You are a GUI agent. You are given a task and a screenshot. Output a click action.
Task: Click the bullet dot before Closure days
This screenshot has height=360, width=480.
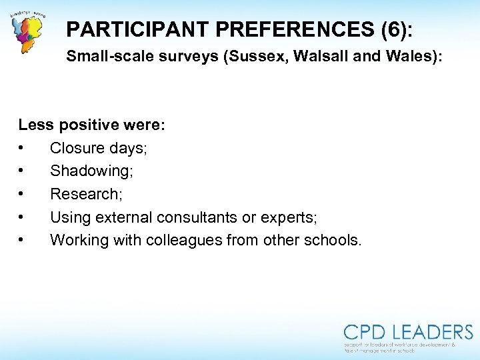[22, 148]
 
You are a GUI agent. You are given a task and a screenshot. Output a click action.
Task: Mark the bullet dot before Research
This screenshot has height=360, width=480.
[22, 194]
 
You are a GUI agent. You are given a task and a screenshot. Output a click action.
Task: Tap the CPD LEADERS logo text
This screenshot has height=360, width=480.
[408, 332]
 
